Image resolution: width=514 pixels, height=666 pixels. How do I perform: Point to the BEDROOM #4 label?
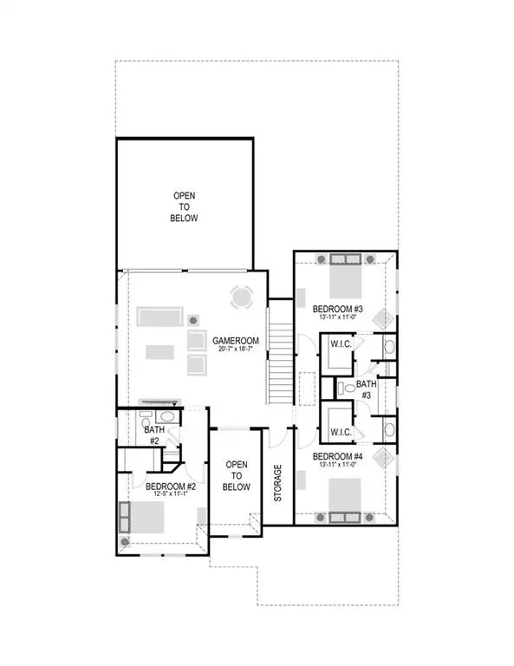click(337, 456)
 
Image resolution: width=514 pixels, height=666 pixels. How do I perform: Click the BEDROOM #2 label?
click(170, 486)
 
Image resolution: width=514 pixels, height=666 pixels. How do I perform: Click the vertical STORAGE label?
click(278, 482)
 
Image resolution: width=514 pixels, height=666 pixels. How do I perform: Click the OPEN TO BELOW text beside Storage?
click(237, 476)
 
